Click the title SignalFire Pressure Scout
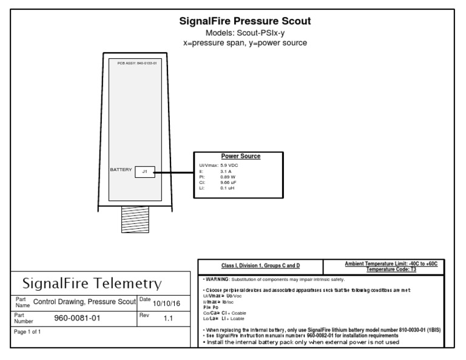point(245,21)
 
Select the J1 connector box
point(144,172)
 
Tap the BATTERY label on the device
point(121,170)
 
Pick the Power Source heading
point(241,156)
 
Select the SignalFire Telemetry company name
point(92,284)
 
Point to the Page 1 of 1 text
point(28,332)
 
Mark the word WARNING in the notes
point(216,279)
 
